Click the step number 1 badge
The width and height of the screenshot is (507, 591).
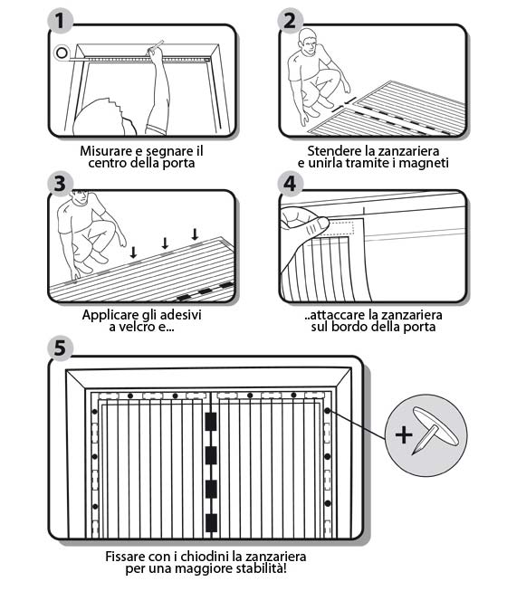pos(60,21)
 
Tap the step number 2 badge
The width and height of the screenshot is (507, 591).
pos(290,21)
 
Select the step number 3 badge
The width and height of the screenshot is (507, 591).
pos(60,184)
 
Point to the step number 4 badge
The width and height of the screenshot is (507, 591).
pos(290,184)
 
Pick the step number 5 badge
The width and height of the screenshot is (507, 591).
pos(60,347)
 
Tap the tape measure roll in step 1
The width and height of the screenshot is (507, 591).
pos(62,52)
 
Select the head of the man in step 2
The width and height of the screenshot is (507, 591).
pos(309,41)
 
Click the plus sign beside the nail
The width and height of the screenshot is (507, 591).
pos(404,435)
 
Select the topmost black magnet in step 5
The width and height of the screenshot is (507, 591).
pos(211,422)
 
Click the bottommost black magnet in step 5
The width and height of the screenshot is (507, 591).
pos(211,523)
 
